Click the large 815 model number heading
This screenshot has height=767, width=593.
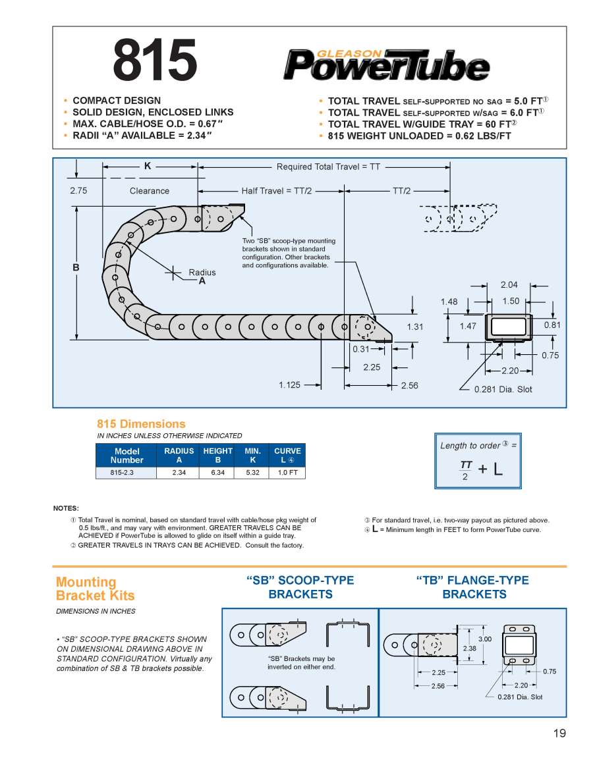(x=155, y=59)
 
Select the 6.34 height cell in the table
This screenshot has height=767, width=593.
(x=217, y=473)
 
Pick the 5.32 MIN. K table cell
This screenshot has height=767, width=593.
(x=253, y=473)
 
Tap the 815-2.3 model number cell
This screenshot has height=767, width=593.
(x=127, y=473)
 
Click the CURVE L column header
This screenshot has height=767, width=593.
(x=287, y=455)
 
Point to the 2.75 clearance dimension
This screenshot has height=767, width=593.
(x=78, y=191)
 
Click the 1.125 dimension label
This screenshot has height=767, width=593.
(x=290, y=385)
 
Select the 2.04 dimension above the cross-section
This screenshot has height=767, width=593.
(x=509, y=285)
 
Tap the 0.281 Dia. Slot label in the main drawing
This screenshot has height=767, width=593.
(x=503, y=389)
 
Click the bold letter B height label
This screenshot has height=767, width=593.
(x=76, y=268)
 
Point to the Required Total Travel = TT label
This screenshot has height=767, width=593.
(x=328, y=167)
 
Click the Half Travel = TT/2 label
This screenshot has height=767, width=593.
(x=277, y=191)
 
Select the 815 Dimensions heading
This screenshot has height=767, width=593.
(x=141, y=424)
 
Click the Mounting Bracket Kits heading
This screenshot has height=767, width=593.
(x=95, y=589)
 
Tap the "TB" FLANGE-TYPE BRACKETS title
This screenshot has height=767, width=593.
(x=474, y=587)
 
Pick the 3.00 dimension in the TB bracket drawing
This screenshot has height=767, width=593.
(x=485, y=639)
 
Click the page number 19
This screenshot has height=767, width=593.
(x=559, y=733)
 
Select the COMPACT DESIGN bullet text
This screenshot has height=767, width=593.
(x=117, y=101)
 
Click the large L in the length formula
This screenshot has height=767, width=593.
(x=498, y=469)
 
